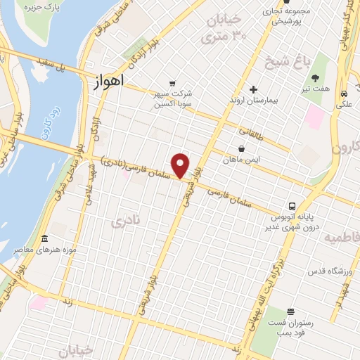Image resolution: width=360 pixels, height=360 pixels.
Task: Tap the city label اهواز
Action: pos(108,82)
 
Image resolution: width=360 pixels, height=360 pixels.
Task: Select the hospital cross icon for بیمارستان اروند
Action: pos(254,89)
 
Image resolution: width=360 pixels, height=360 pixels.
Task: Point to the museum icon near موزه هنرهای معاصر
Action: pos(44,239)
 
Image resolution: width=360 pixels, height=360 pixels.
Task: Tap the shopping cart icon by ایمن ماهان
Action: pos(242,149)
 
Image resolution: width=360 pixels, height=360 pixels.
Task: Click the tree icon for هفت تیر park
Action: pos(316,77)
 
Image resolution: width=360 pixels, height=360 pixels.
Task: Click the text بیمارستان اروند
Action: pos(254,101)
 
